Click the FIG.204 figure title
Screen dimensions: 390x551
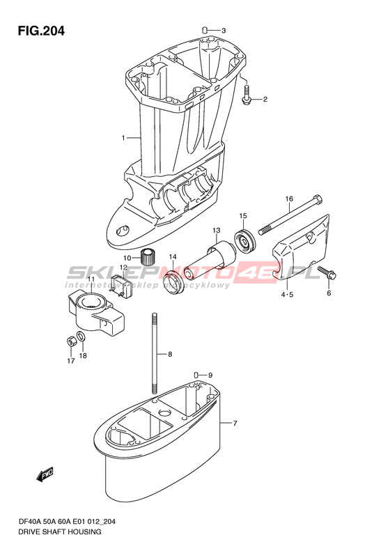(x=42, y=31)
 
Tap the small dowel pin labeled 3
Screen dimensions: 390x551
(x=205, y=30)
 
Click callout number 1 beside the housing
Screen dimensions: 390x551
(x=123, y=138)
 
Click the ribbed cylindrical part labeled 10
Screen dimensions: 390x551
(x=148, y=257)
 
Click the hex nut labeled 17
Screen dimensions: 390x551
(x=70, y=341)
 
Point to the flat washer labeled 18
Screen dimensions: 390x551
(x=81, y=336)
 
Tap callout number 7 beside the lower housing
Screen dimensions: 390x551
(x=235, y=423)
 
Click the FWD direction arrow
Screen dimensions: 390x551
(x=45, y=474)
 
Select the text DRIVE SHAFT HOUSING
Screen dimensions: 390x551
(x=61, y=531)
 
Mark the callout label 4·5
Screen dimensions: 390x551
(x=287, y=295)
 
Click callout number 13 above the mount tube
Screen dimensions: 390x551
(x=217, y=231)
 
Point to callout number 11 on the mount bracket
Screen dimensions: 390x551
(x=91, y=279)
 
